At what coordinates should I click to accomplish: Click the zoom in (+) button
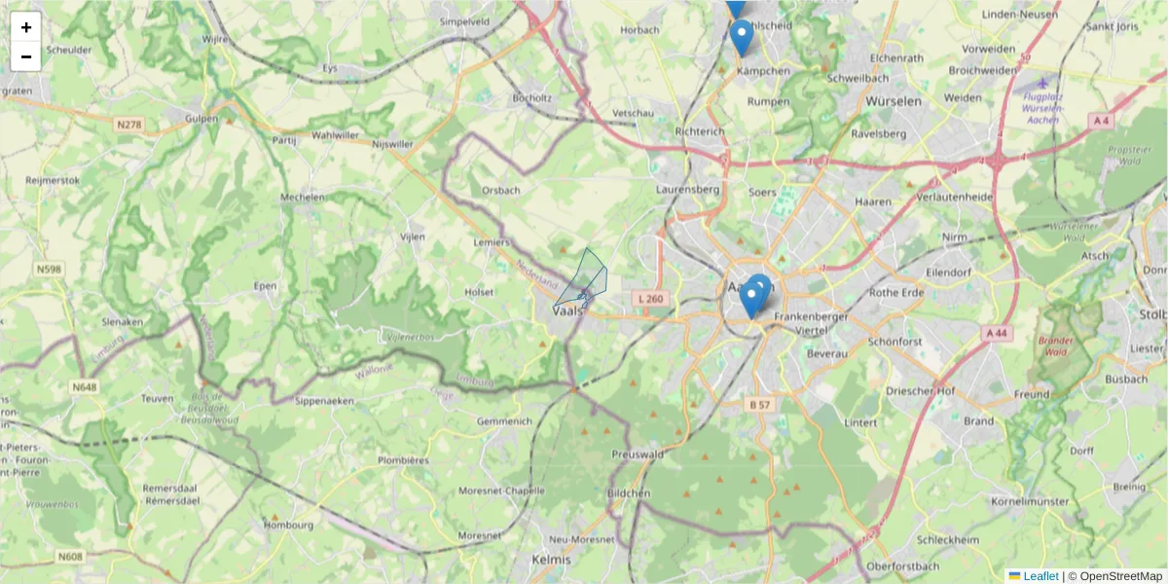coord(26,27)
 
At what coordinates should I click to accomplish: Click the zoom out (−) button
coord(26,56)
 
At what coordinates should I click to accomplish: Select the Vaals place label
coord(566,310)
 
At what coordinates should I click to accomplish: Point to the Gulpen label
coord(201,118)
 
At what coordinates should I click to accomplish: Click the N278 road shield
coord(128,125)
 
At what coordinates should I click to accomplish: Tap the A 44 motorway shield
coord(996,333)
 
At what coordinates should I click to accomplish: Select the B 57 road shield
coord(760,404)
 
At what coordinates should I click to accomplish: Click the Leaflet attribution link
coord(1040,576)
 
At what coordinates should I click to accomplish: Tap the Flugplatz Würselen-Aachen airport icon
coord(1043,82)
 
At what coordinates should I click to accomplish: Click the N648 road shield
coord(84,387)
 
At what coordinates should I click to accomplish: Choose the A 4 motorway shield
coord(1101,120)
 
